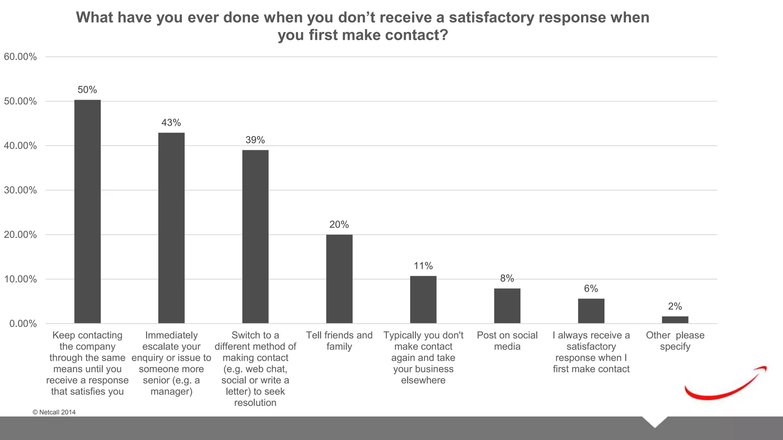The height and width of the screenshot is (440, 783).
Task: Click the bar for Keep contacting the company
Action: [88, 212]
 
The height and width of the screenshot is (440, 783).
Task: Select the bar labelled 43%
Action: [171, 228]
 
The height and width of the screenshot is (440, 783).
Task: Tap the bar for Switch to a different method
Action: [255, 237]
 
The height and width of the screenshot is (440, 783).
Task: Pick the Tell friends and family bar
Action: [339, 279]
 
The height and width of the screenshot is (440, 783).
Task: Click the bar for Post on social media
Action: [507, 306]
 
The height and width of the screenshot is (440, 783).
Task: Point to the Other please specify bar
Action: [675, 320]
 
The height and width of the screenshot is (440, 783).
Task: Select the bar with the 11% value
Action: [423, 299]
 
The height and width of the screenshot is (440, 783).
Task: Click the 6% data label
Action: [591, 289]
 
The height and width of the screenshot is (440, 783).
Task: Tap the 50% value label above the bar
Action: [87, 90]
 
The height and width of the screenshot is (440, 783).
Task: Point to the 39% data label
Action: [255, 140]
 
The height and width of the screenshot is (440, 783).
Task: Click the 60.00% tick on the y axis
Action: [20, 57]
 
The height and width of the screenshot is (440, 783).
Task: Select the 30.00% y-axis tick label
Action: [20, 190]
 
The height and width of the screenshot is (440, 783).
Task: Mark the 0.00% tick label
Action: [23, 324]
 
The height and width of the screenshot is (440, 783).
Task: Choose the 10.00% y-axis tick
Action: [20, 279]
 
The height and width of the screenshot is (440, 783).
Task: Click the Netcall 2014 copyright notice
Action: [54, 412]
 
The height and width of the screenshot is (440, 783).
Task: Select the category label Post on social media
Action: [507, 341]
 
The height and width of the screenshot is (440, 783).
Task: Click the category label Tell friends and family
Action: [339, 341]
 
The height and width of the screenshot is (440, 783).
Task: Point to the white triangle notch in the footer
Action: [655, 421]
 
